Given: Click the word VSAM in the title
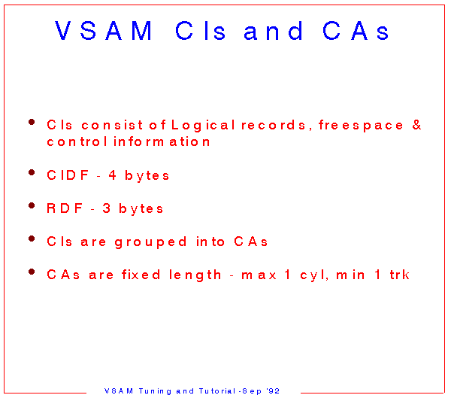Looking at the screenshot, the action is coord(103,31).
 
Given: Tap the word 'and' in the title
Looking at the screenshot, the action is coord(273,32).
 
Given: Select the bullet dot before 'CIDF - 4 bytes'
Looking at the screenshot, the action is coord(32,172).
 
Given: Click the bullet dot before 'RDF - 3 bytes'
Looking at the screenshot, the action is coord(32,205).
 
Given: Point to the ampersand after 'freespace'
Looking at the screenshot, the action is coord(416,125).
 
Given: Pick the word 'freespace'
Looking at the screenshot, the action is coord(361,126).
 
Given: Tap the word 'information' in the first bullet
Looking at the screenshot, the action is coord(162,141).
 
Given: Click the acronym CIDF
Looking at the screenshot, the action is coord(68,175).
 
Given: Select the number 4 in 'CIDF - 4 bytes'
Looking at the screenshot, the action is coord(112,175).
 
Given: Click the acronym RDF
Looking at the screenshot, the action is coord(65,208).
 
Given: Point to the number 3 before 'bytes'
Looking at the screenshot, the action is coord(107,208).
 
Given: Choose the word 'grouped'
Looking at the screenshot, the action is coord(151,242).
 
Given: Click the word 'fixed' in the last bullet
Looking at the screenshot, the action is coord(141,275).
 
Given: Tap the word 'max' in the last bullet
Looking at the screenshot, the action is coord(259,275).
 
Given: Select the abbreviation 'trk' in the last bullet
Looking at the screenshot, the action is coord(400,275).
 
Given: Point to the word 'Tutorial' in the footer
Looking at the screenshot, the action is coord(217,391).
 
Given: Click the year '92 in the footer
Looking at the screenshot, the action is coord(273,391).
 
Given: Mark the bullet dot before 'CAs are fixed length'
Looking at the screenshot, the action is coord(32,272).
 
